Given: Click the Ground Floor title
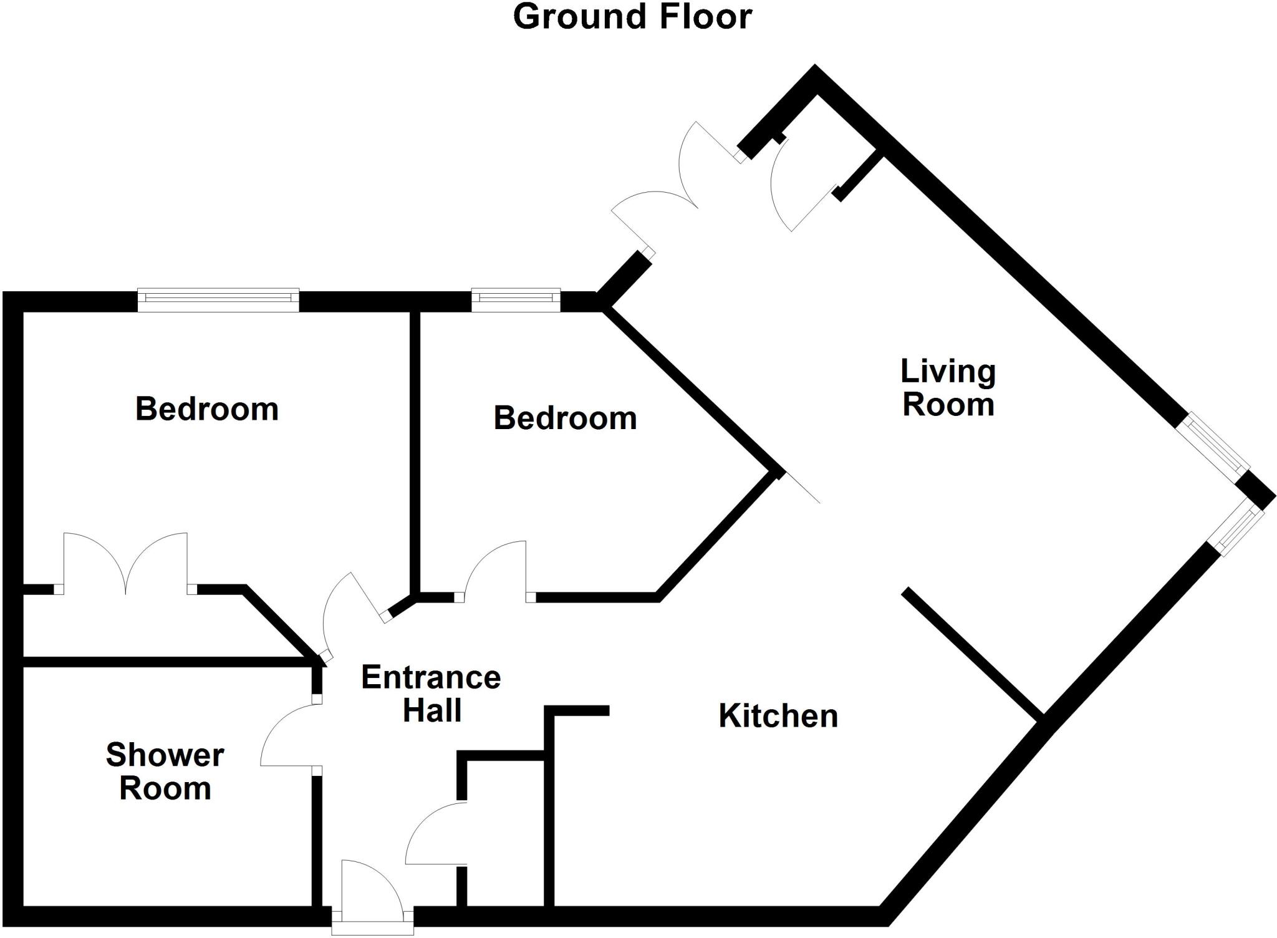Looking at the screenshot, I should [x=632, y=17].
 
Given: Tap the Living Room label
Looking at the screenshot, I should [x=948, y=388].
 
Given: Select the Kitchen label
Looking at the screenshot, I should [x=778, y=715].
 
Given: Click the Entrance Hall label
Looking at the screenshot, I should [x=431, y=694].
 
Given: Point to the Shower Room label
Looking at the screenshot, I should [x=165, y=771].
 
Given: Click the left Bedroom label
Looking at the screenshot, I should [x=206, y=409].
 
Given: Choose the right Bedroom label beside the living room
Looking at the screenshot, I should [x=565, y=418].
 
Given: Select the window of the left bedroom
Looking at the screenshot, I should [x=218, y=300].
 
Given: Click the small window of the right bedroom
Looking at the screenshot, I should [x=516, y=300].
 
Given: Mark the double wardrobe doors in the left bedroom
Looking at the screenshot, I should [x=125, y=561].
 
